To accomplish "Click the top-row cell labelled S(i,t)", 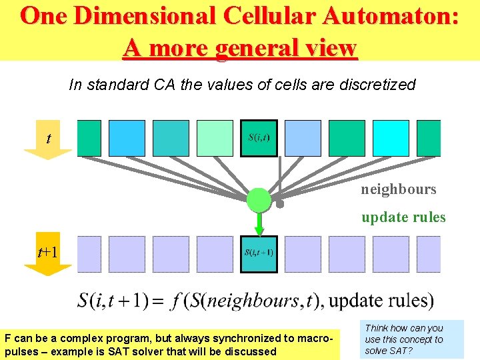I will click(x=259, y=138).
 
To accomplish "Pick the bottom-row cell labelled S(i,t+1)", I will click(x=259, y=254).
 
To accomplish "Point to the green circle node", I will click(x=259, y=199).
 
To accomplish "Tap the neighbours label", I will click(x=399, y=189).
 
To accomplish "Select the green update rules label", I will click(x=403, y=217).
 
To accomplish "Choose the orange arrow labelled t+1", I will click(x=48, y=257).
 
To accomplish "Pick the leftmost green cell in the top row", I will click(x=89, y=138).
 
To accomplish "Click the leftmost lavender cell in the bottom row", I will click(x=89, y=254).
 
